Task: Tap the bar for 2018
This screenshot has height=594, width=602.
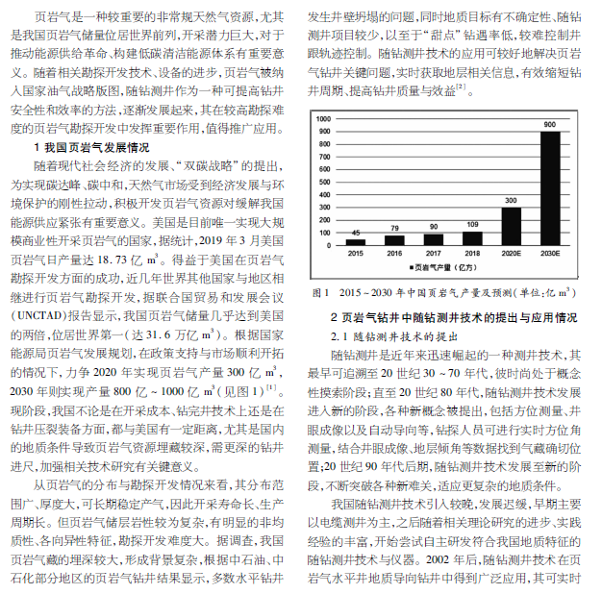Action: coord(472,239)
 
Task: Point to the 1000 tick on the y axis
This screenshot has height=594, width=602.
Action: coord(324,119)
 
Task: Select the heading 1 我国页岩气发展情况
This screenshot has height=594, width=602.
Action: coord(92,148)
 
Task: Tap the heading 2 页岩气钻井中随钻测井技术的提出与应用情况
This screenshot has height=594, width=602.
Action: coord(447,316)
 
